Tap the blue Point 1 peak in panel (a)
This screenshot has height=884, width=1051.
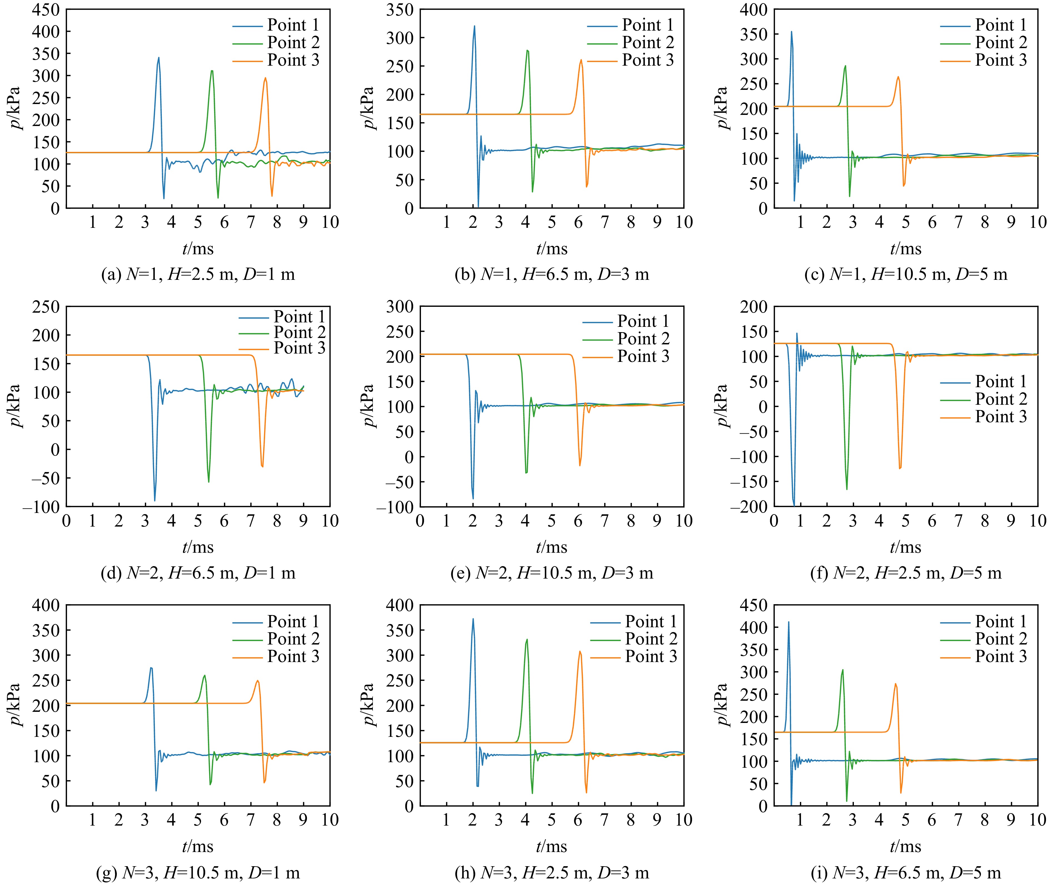click(x=159, y=58)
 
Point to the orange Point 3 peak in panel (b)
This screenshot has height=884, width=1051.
click(x=581, y=60)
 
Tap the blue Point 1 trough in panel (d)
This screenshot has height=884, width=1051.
click(x=154, y=500)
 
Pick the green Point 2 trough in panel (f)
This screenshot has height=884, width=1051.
click(x=847, y=489)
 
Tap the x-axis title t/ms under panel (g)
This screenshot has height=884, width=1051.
click(x=198, y=846)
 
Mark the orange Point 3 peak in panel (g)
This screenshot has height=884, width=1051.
click(x=257, y=681)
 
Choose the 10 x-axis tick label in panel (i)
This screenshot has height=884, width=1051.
click(x=1037, y=820)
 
